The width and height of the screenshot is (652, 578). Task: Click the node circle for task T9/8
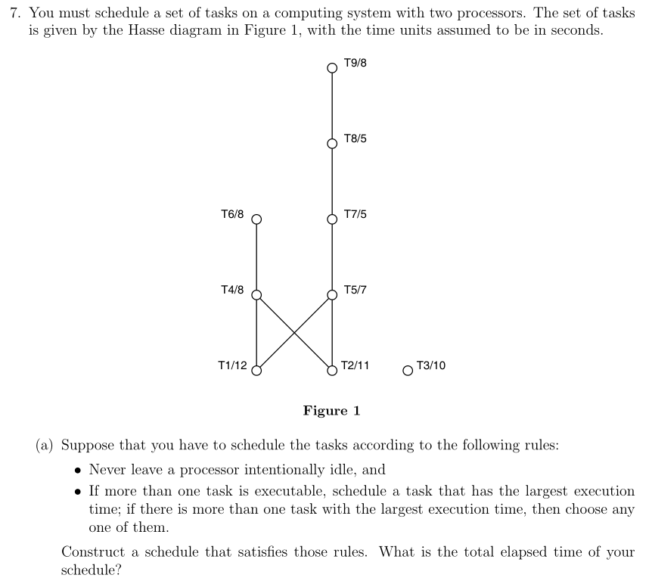(x=331, y=68)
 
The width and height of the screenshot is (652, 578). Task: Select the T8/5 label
(x=355, y=139)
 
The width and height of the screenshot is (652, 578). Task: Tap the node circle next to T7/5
(x=331, y=219)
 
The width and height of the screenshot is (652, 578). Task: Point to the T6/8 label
(x=232, y=215)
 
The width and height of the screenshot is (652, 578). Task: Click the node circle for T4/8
(x=256, y=295)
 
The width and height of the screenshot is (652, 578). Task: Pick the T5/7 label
(x=355, y=290)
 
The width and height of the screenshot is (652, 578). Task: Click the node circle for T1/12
(x=256, y=371)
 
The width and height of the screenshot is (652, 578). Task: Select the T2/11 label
(x=355, y=365)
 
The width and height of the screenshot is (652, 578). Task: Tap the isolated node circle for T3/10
(x=408, y=371)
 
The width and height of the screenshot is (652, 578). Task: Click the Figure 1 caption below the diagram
(x=331, y=411)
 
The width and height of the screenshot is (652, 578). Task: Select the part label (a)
(x=45, y=445)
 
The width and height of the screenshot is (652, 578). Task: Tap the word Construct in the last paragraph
(x=92, y=552)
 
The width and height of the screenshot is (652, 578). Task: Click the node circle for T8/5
(x=331, y=144)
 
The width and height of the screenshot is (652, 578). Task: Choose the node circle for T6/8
(x=256, y=219)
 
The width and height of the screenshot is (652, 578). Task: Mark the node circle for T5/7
(x=331, y=295)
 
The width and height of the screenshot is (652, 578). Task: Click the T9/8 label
(x=355, y=63)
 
